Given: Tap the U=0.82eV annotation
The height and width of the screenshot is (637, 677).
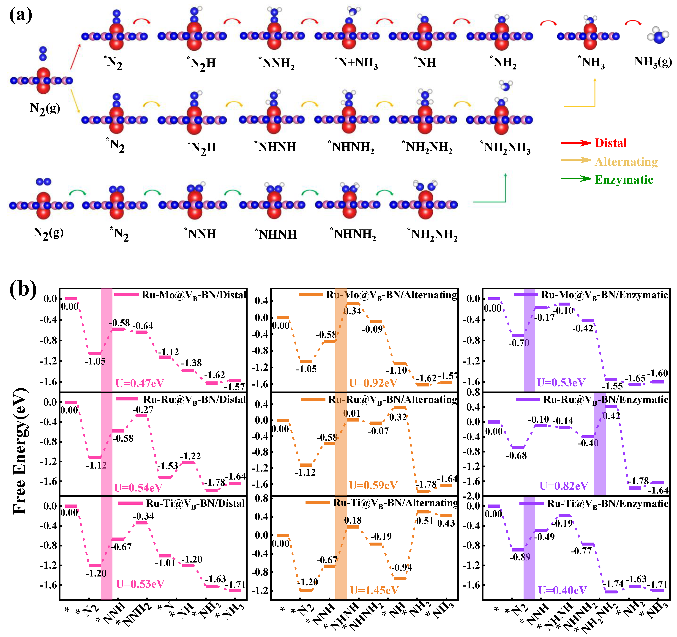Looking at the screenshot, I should pyautogui.click(x=564, y=486).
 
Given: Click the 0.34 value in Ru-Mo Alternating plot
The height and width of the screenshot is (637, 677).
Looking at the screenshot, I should pyautogui.click(x=352, y=311).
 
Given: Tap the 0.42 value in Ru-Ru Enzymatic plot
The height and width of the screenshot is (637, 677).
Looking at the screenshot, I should pyautogui.click(x=611, y=416).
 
